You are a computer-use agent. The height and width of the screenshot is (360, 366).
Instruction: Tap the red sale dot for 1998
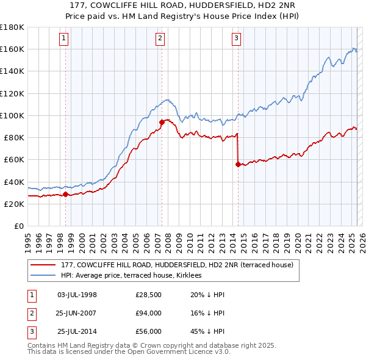coord(65,194)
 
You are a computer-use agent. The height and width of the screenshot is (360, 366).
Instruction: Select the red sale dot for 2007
coord(162,121)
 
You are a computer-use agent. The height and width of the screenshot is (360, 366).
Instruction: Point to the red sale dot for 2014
coord(238,164)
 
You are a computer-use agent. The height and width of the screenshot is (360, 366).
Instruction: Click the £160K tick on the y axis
coord(12,49)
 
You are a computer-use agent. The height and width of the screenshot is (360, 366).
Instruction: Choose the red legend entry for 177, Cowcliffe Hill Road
coord(177,265)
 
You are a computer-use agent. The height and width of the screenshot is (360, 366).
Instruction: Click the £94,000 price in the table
coord(148,313)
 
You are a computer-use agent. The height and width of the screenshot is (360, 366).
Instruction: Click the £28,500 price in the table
coord(148,295)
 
